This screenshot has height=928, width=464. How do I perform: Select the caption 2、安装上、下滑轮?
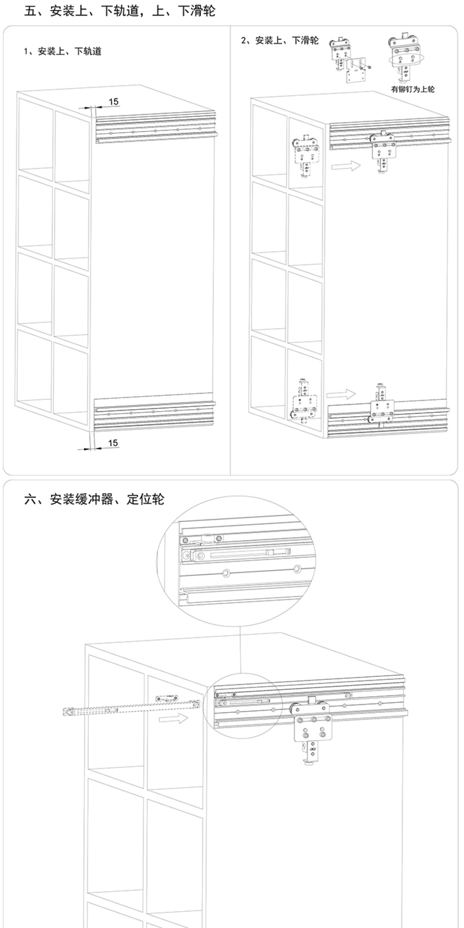[x=280, y=40]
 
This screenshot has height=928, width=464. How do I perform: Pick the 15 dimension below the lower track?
[x=113, y=443]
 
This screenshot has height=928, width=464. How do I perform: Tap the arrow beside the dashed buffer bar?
[x=173, y=719]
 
